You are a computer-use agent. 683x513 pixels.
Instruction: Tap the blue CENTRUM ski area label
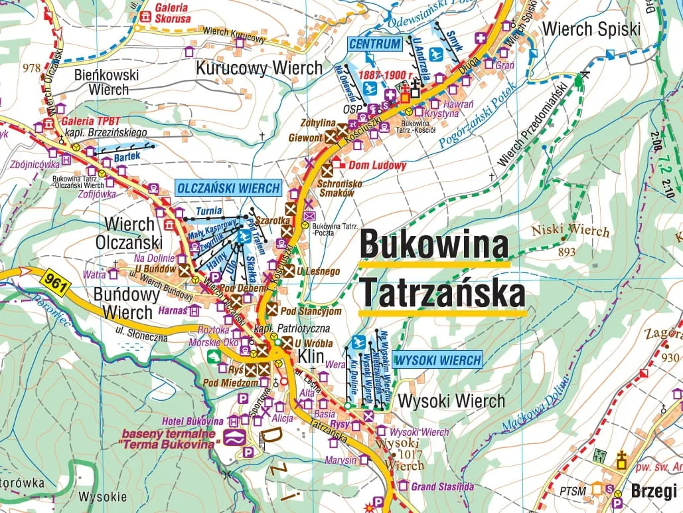(375, 45)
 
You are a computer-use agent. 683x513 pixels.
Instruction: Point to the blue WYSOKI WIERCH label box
(437, 360)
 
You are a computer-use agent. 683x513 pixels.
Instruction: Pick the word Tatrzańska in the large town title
(442, 294)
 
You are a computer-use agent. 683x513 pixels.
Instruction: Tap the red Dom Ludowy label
(377, 165)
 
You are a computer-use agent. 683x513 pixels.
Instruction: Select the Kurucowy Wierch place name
(259, 68)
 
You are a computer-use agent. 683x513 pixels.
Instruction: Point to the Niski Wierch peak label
(569, 231)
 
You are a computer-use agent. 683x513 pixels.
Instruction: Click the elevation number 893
(567, 252)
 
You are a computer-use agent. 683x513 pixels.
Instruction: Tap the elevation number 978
(31, 67)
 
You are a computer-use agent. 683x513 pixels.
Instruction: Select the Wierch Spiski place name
(591, 29)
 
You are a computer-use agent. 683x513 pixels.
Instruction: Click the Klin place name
(311, 357)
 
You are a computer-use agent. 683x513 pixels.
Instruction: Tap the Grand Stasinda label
(442, 486)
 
